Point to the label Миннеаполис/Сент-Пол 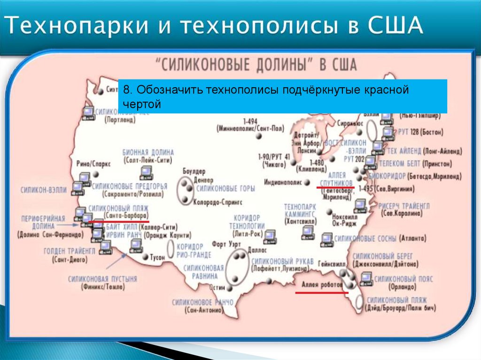250,128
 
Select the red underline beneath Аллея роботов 321,292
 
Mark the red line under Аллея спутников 335,187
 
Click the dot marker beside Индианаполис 307,182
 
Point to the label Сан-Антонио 203,310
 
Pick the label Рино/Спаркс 93,164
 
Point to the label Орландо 399,286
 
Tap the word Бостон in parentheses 431,133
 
